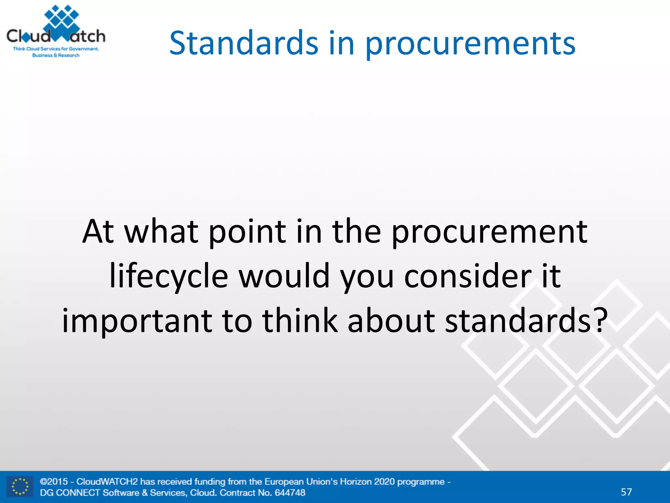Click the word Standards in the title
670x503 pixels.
[x=244, y=43]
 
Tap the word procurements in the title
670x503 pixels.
[x=470, y=44]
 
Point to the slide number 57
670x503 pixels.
[x=626, y=492]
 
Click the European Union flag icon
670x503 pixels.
[x=20, y=487]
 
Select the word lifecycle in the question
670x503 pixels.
[x=168, y=276]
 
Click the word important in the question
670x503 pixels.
[x=137, y=321]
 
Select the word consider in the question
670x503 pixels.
[x=468, y=276]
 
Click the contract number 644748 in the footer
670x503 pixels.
[x=290, y=493]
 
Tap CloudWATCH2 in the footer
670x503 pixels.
[x=107, y=481]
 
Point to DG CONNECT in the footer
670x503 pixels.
[x=70, y=493]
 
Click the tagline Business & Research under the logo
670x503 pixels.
[x=56, y=55]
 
